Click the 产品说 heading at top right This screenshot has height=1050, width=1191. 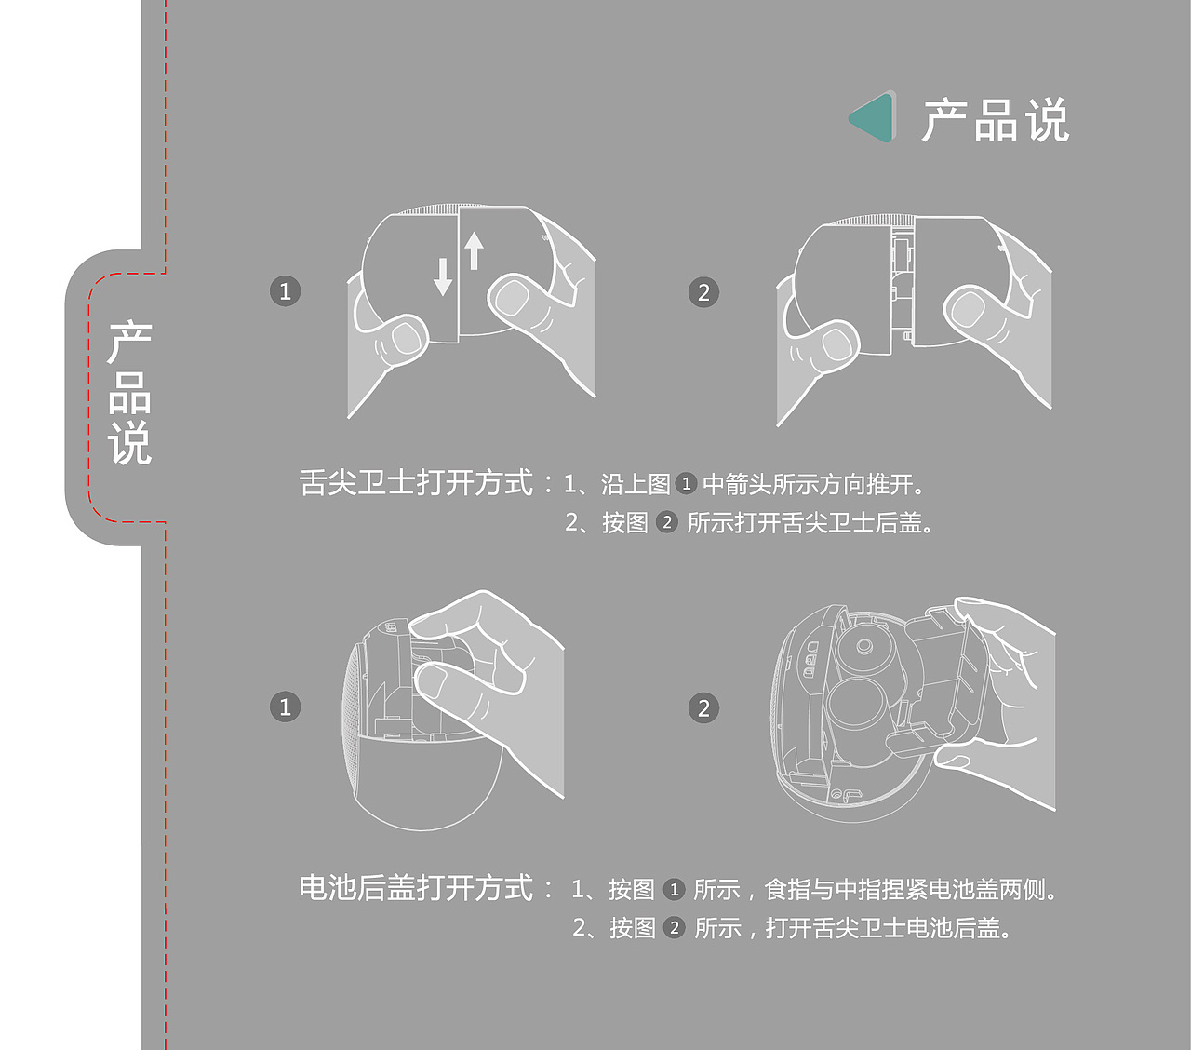(996, 121)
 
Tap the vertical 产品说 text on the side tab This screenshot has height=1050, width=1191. (129, 394)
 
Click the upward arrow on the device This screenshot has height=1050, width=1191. (475, 250)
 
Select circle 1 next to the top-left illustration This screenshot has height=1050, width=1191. (285, 291)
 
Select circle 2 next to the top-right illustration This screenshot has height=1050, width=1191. (703, 292)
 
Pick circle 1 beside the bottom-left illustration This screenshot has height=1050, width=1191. (285, 707)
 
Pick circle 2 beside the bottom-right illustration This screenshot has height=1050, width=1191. (703, 708)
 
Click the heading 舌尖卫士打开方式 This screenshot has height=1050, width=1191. (416, 483)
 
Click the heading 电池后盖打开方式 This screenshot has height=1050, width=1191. (416, 888)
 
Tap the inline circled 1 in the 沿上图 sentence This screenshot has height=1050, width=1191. (686, 484)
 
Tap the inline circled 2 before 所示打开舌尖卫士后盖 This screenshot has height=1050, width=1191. (667, 522)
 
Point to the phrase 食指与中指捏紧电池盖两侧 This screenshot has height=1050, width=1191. (910, 890)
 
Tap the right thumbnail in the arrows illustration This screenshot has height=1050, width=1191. (512, 298)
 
